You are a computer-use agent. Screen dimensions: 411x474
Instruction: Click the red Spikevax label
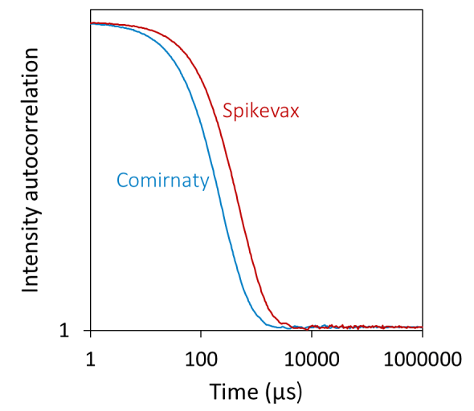[260, 112]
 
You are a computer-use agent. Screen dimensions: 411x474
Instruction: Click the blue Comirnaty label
[162, 180]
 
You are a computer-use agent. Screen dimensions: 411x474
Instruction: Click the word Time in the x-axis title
[230, 393]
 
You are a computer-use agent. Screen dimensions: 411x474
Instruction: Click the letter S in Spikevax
[227, 112]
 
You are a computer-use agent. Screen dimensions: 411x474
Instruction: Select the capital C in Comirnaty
[122, 180]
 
